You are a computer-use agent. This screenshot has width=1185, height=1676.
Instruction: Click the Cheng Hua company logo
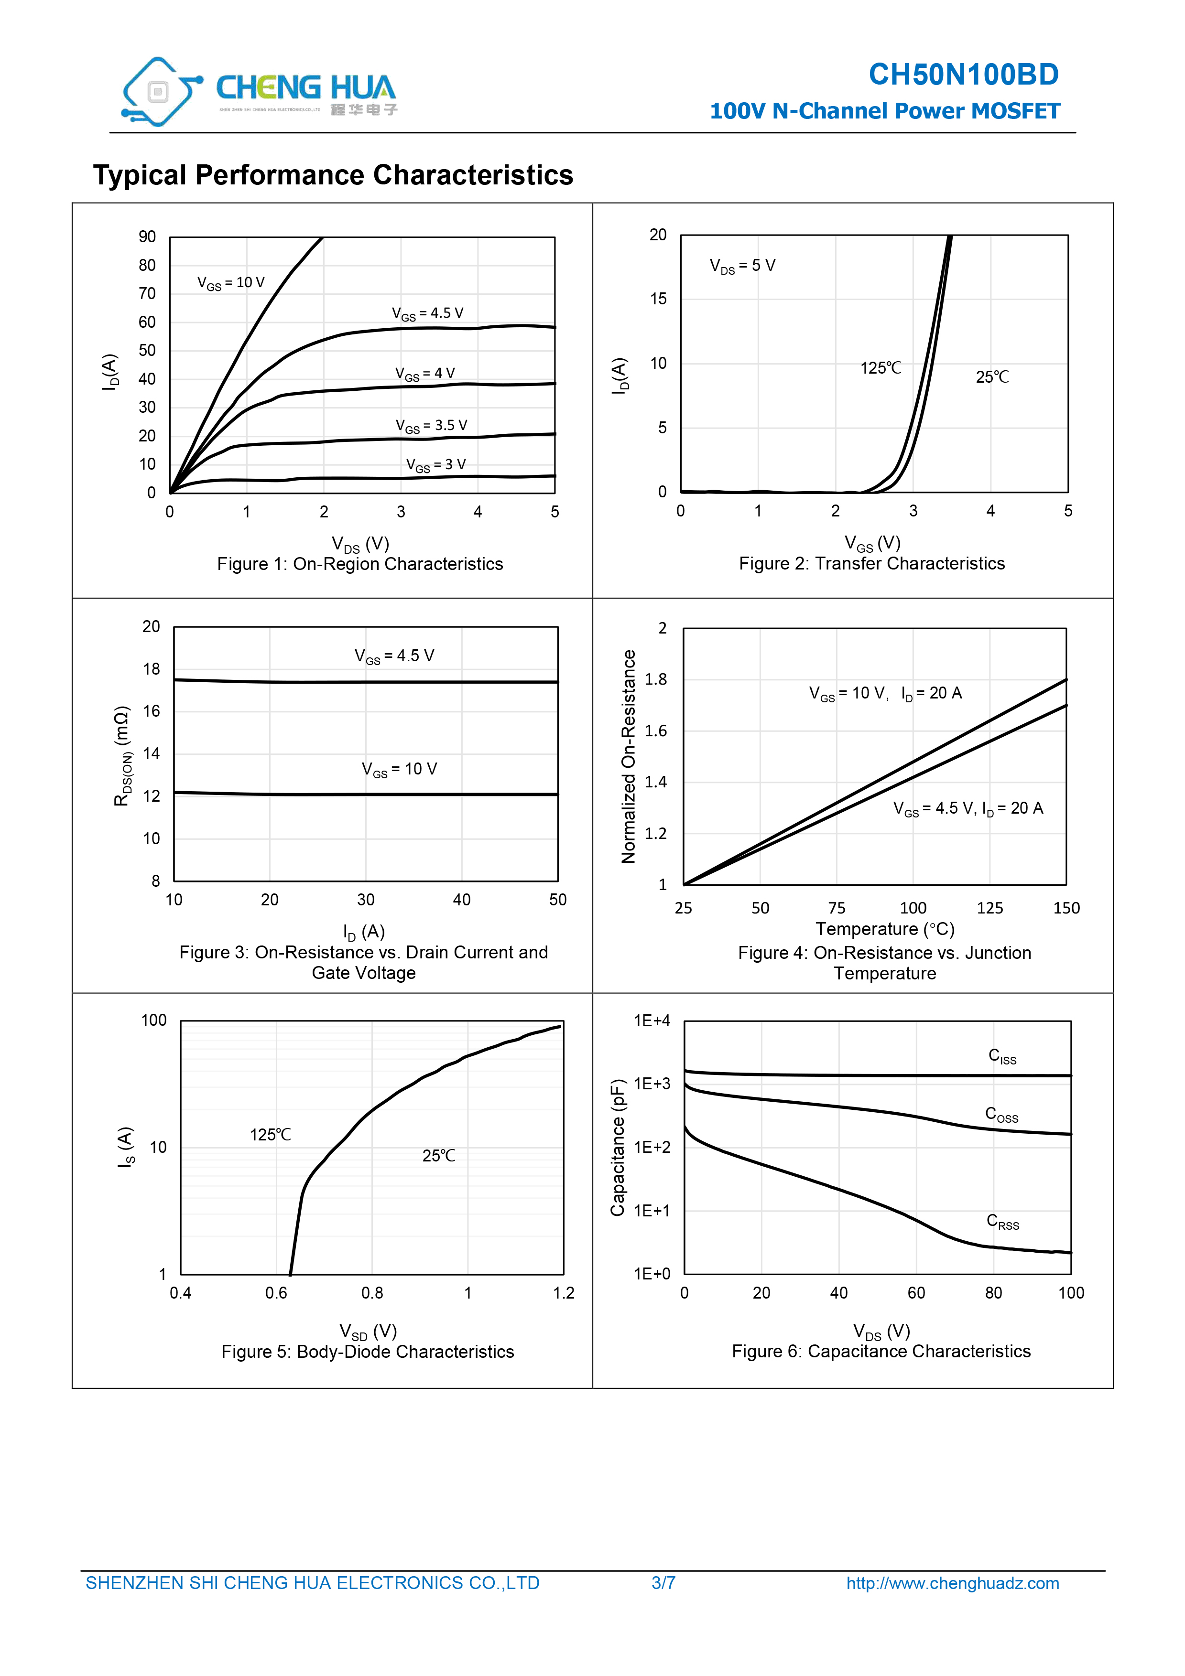259,91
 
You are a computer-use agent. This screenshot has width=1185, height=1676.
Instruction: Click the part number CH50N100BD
963,75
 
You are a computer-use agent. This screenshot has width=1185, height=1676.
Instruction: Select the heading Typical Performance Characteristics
333,175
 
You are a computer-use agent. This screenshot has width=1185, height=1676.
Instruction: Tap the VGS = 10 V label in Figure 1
231,283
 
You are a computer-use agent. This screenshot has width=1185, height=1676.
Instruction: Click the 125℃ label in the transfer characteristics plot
881,368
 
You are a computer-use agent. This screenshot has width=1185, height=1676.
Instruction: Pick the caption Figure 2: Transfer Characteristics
872,564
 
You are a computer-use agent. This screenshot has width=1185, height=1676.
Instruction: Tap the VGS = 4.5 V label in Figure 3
394,656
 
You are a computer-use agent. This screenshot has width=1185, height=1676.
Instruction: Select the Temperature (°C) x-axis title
885,929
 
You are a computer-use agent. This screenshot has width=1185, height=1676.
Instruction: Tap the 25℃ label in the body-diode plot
439,1156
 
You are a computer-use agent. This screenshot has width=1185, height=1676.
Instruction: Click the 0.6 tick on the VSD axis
276,1293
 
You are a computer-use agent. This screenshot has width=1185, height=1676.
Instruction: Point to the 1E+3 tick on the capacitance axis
652,1084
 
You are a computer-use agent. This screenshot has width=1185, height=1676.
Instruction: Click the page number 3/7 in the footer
663,1583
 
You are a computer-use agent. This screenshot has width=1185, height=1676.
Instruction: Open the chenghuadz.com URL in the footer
953,1583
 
